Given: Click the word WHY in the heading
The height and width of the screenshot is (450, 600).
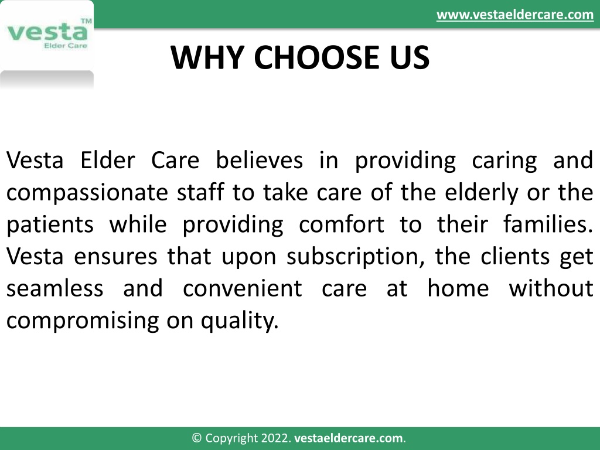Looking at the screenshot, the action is click(x=207, y=57).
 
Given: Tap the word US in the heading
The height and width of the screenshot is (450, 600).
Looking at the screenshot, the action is click(x=410, y=57).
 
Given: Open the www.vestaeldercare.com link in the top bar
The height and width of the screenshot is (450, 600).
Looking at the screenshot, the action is click(x=515, y=15).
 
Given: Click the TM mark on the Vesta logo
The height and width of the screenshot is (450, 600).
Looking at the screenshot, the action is click(x=87, y=21).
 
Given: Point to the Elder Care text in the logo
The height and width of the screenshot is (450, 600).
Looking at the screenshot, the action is click(x=66, y=46).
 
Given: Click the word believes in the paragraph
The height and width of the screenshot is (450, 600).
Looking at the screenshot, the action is click(x=260, y=160).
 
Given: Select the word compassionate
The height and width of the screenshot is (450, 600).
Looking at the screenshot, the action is click(x=87, y=193).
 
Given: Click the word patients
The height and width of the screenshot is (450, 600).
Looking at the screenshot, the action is click(x=50, y=225).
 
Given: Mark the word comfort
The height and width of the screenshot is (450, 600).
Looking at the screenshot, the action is click(x=342, y=224).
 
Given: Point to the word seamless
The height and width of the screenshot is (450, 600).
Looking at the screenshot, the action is click(x=54, y=288).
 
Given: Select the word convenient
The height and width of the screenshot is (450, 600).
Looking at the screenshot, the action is click(x=243, y=288).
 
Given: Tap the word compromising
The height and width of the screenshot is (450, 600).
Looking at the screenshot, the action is click(x=83, y=321).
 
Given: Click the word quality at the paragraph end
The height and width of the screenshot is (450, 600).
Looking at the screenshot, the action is click(x=240, y=321).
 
